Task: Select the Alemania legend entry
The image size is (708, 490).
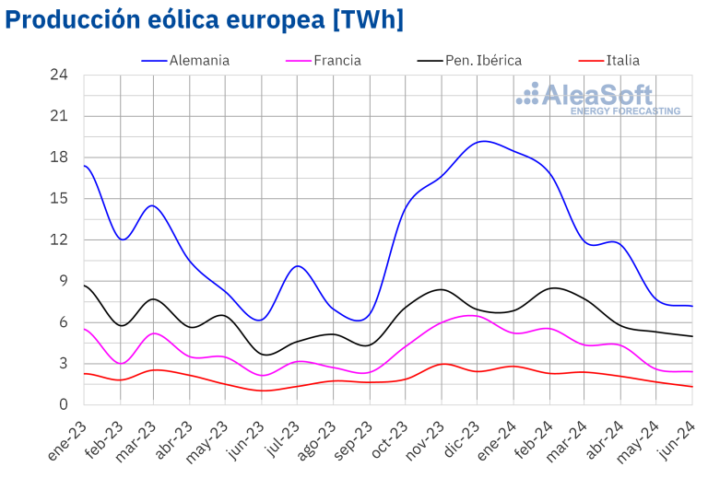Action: (x=199, y=61)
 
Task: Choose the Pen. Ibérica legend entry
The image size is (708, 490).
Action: (x=483, y=61)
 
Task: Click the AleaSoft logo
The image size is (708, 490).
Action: (x=598, y=98)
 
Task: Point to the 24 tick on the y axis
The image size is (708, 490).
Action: (x=61, y=75)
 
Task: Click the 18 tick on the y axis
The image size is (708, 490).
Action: (x=61, y=157)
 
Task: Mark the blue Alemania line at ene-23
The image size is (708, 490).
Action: (x=85, y=166)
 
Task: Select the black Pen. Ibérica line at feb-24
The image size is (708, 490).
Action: (x=551, y=288)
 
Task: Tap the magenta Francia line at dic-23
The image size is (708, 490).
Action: (x=476, y=316)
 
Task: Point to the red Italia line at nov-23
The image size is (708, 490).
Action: (x=443, y=364)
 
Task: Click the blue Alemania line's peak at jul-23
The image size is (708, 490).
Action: (x=297, y=266)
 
